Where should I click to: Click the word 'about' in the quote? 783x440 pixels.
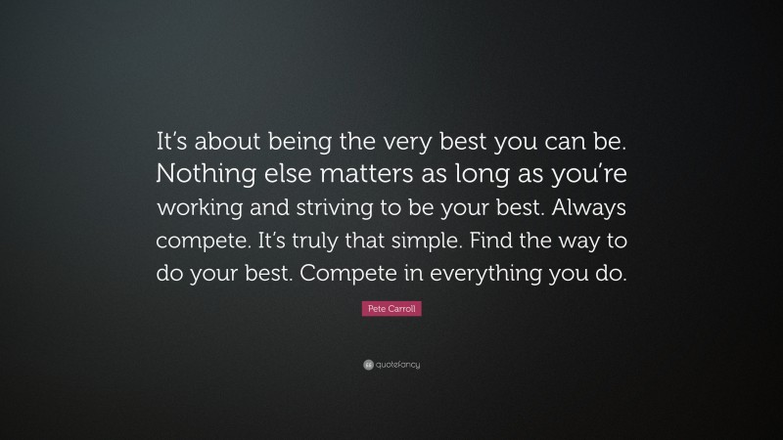(226, 142)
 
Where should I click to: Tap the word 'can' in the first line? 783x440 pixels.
(565, 142)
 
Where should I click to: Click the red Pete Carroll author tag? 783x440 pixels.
(391, 309)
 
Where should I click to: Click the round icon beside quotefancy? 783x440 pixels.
(367, 365)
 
